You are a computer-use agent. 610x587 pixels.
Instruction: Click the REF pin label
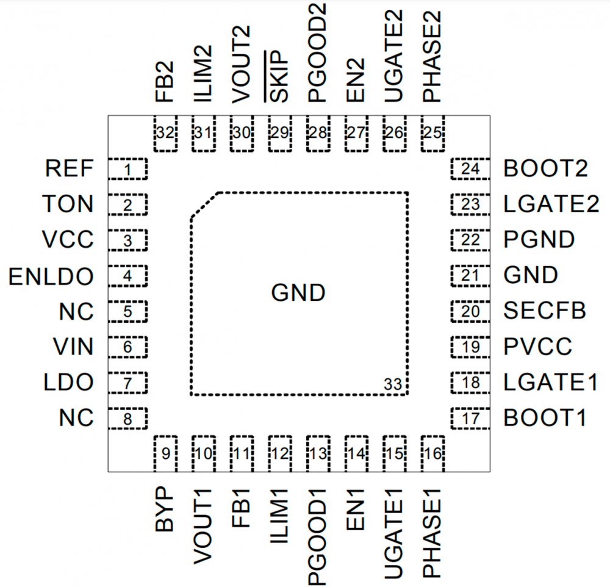(x=69, y=169)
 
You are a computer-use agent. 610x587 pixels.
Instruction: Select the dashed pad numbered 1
(x=127, y=170)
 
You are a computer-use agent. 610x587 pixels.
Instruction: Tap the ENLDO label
(x=51, y=276)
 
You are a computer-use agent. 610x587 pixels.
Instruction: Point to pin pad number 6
(x=127, y=348)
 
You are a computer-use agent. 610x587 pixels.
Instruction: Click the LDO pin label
(x=68, y=383)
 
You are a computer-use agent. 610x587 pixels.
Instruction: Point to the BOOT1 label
(x=545, y=418)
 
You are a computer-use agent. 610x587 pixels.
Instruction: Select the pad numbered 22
(x=470, y=240)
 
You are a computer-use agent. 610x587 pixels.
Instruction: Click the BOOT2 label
(x=545, y=169)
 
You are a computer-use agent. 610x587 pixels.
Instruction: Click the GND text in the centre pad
(x=298, y=293)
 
